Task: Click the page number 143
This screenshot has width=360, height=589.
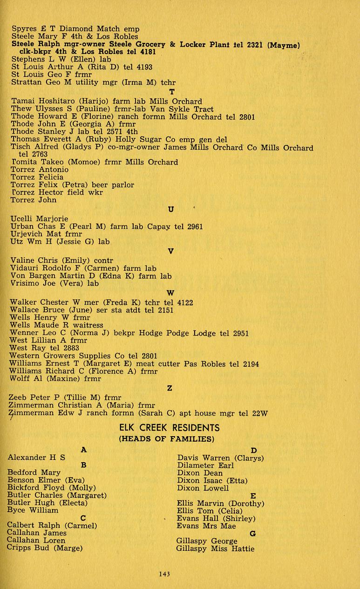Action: [x=163, y=574]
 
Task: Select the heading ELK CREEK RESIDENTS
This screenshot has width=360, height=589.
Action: [x=169, y=427]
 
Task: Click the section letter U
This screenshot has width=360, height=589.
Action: [x=171, y=210]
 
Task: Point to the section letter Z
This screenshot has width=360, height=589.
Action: [x=170, y=388]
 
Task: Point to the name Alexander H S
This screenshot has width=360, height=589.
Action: [x=36, y=458]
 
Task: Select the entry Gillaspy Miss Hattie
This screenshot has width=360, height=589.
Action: [x=215, y=549]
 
